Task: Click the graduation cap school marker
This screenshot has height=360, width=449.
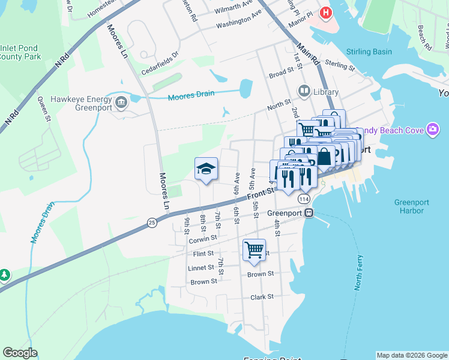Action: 205,170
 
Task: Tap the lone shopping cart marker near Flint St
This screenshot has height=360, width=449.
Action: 254,250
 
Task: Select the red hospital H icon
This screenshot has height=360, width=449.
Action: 326,12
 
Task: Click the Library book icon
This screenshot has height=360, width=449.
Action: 304,92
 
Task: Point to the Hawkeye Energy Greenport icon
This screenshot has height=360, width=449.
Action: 121,102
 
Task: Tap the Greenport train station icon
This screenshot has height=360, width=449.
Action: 309,213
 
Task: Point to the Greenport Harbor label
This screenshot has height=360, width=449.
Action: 411,206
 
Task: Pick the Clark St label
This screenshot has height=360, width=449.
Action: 262,296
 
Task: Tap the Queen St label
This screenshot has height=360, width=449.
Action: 43,109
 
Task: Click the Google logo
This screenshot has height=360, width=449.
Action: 20,353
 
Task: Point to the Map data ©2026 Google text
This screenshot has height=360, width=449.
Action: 411,355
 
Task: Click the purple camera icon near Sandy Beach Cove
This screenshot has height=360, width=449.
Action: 432,130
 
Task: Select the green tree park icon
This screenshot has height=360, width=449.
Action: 5,275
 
